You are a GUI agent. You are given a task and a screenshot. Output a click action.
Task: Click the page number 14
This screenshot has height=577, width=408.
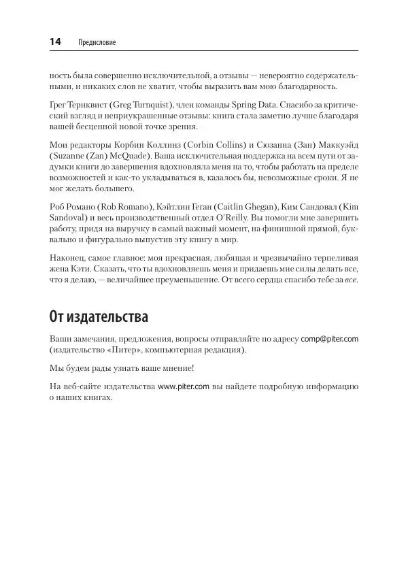(x=55, y=42)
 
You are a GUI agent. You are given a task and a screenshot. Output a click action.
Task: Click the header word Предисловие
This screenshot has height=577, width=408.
(x=98, y=43)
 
